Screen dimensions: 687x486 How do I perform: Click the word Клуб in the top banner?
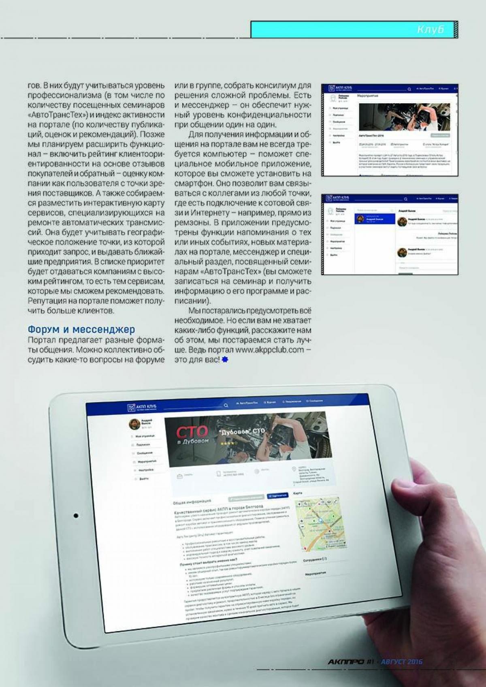click(x=430, y=30)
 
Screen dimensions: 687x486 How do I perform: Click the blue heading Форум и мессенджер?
click(x=81, y=329)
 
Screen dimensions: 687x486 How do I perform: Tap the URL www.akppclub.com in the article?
click(x=269, y=350)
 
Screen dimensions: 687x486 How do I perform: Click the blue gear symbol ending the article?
click(x=225, y=359)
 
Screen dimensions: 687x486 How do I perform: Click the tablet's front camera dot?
click(x=76, y=516)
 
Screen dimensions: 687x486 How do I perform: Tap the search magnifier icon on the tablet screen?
click(x=226, y=405)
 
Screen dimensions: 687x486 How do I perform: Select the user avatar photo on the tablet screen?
click(x=134, y=424)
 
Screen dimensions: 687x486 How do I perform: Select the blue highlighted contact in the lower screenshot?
click(x=375, y=219)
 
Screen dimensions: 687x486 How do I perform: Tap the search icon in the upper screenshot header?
click(x=409, y=89)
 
